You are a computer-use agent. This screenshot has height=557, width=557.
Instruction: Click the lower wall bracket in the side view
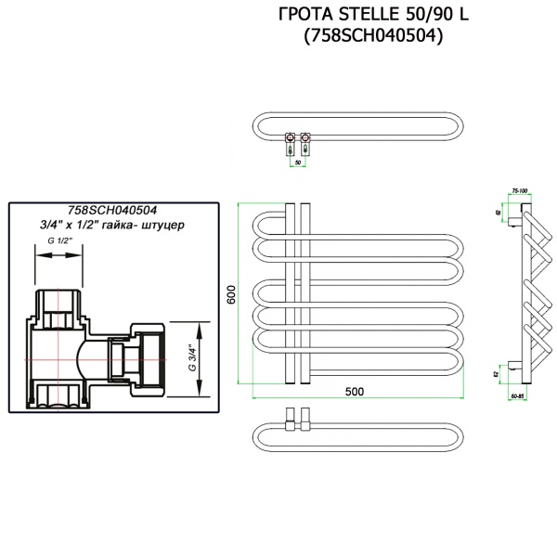click(x=515, y=366)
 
